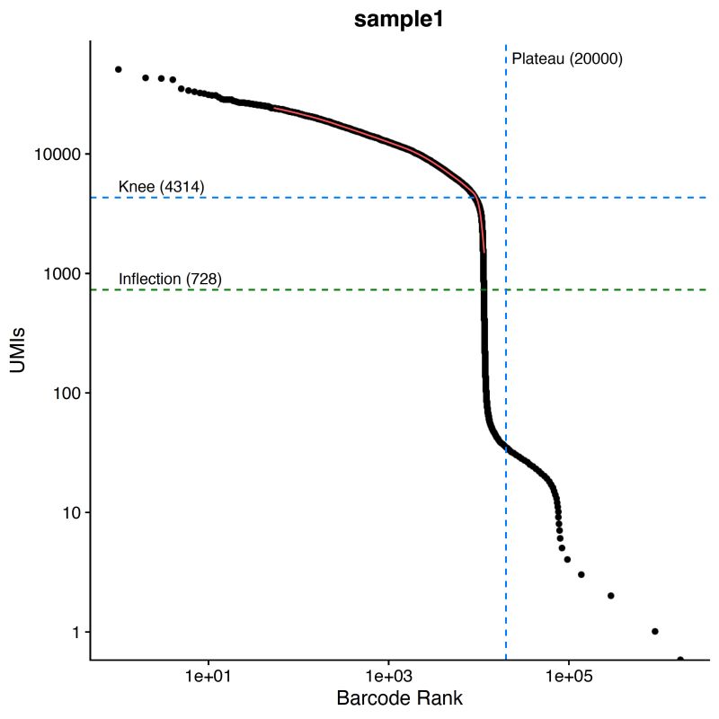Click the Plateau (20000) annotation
pyautogui.click(x=567, y=60)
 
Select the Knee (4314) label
pyautogui.click(x=162, y=187)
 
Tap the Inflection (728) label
pyautogui.click(x=170, y=279)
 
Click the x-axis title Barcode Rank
pyautogui.click(x=399, y=698)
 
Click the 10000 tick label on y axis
pyautogui.click(x=58, y=155)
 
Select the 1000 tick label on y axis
pyautogui.click(x=63, y=273)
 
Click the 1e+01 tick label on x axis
pyautogui.click(x=209, y=674)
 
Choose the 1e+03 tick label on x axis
pyautogui.click(x=388, y=674)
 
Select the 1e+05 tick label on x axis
pyautogui.click(x=568, y=674)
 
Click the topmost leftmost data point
pyautogui.click(x=118, y=69)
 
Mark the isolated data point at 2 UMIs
pyautogui.click(x=611, y=596)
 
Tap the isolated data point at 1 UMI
pyautogui.click(x=654, y=632)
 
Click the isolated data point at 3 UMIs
pyautogui.click(x=581, y=574)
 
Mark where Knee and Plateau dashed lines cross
pyautogui.click(x=506, y=198)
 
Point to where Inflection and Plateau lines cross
pyautogui.click(x=506, y=289)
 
